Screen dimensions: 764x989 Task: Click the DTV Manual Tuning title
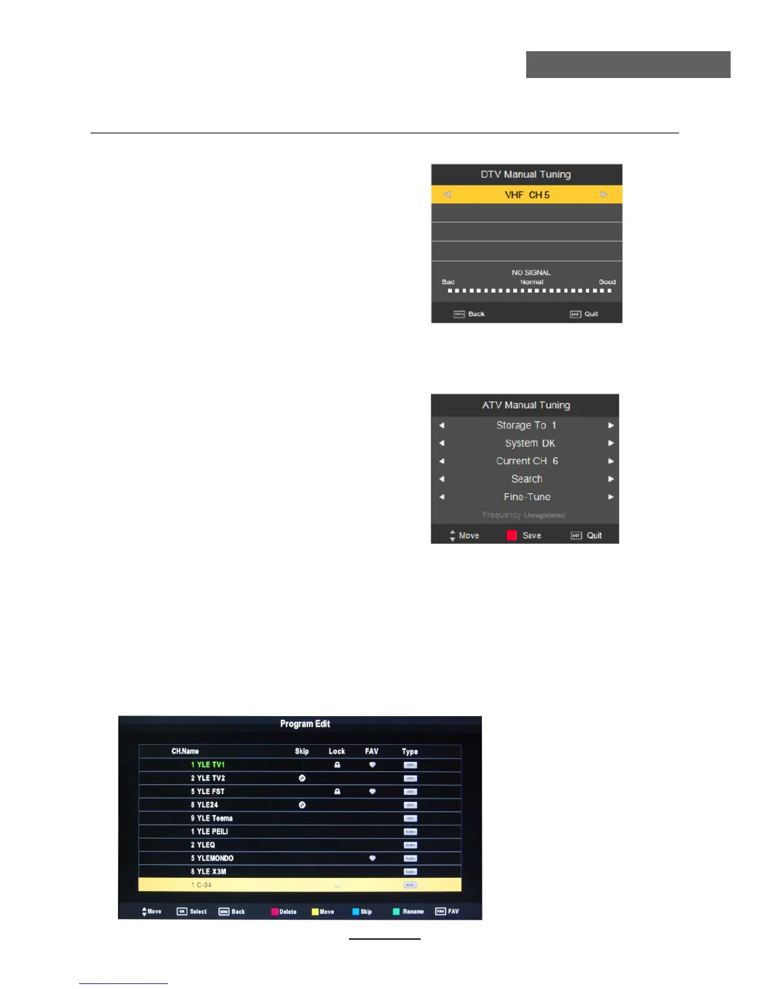(526, 175)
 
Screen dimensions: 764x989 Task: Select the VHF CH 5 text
(527, 195)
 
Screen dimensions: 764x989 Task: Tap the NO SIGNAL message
(531, 273)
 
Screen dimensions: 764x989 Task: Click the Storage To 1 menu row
(526, 425)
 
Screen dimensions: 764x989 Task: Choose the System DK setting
(530, 443)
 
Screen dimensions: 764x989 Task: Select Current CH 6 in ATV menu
(527, 461)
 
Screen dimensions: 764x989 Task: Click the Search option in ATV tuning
(527, 479)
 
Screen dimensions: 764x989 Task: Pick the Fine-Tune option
(527, 497)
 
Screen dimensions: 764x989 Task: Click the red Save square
(512, 535)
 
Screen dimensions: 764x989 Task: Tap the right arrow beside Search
(611, 479)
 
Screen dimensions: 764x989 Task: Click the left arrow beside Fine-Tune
(442, 497)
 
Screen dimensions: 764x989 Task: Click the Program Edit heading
(305, 724)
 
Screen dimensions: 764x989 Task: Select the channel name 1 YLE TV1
(208, 765)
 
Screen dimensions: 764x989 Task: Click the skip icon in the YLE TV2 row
(302, 778)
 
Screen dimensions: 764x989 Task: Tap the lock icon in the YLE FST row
(337, 792)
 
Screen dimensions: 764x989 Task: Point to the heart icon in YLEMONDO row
(372, 859)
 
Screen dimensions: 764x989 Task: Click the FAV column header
(371, 751)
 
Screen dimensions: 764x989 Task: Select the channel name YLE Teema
(212, 819)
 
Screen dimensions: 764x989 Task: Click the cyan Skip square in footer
(356, 912)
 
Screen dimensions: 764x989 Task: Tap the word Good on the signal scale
(607, 282)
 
